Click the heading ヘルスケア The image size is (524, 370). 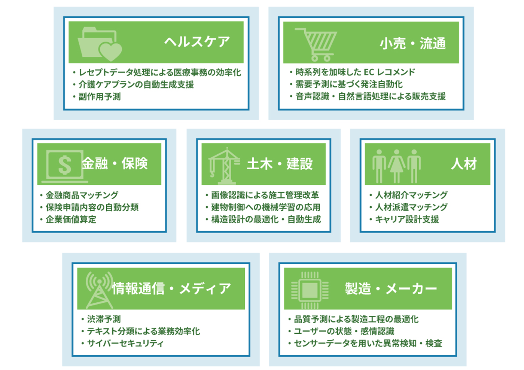(197, 42)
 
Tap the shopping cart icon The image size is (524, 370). (316, 45)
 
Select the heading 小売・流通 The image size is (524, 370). (413, 43)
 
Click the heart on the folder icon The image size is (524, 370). (110, 52)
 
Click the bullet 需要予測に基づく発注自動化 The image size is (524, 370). (347, 84)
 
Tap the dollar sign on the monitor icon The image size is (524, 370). (65, 166)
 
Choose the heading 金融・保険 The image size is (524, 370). (115, 163)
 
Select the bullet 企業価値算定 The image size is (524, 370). (68, 219)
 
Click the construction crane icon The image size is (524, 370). (224, 166)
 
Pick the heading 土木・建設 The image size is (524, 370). (280, 164)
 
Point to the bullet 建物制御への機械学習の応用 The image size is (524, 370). (263, 207)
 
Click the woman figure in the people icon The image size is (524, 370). (396, 166)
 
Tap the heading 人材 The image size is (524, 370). (464, 164)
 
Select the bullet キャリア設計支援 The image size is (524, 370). (404, 219)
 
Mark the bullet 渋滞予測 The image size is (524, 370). (101, 319)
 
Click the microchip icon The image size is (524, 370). (310, 291)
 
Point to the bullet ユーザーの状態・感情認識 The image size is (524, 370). (341, 331)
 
